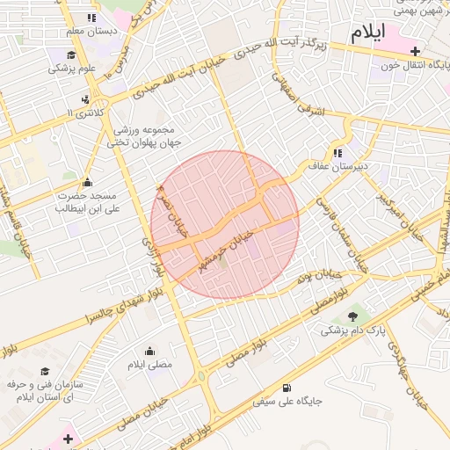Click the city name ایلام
[x=368, y=34]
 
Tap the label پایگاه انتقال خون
[x=413, y=66]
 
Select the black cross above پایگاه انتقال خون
[x=415, y=52]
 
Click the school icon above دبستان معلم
[x=91, y=18]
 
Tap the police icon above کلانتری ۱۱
[x=88, y=98]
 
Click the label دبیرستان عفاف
[x=366, y=165]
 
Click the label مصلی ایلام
[x=150, y=364]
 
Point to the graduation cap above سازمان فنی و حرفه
[x=45, y=372]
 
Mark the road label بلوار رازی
[x=154, y=256]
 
